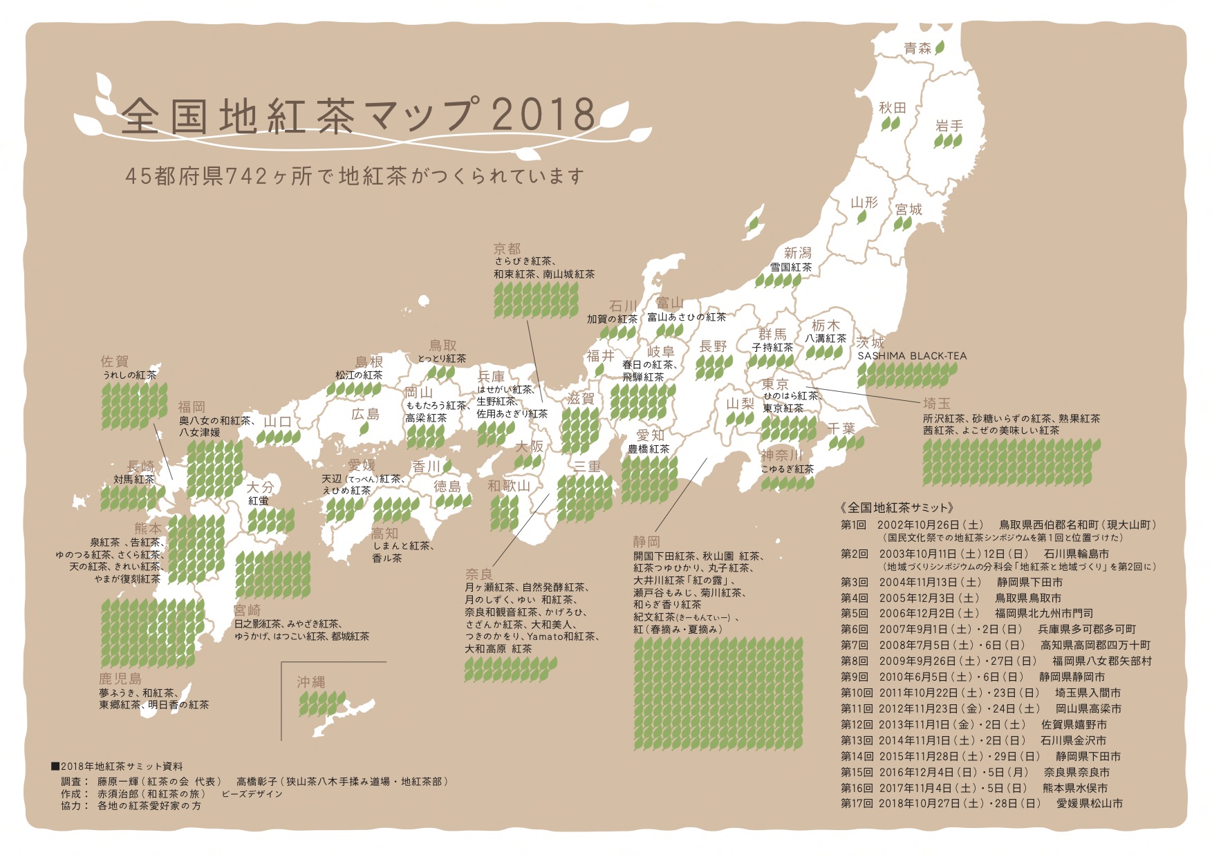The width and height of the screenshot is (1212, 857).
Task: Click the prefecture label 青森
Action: (917, 48)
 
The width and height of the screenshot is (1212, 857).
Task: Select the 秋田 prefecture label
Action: (892, 108)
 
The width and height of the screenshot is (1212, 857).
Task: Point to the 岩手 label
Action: (949, 126)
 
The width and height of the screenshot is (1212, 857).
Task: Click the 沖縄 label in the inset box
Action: (310, 681)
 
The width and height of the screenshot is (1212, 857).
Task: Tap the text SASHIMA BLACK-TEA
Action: (912, 356)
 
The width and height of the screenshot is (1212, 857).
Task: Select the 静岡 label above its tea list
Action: (646, 541)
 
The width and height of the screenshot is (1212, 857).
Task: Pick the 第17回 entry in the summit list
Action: (855, 803)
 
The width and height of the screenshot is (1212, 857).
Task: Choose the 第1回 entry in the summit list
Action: (853, 525)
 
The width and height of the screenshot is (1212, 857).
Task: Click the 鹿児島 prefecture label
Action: (120, 679)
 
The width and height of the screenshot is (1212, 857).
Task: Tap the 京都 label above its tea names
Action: (507, 249)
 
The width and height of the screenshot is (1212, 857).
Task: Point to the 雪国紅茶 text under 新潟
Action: (791, 267)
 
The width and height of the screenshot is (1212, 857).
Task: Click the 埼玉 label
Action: (936, 403)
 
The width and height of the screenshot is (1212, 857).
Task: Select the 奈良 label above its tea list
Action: (478, 574)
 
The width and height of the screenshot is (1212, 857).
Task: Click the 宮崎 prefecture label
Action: (247, 610)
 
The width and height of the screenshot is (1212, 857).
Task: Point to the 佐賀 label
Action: (114, 361)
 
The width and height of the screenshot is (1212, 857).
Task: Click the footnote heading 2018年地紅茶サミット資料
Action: (121, 766)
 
